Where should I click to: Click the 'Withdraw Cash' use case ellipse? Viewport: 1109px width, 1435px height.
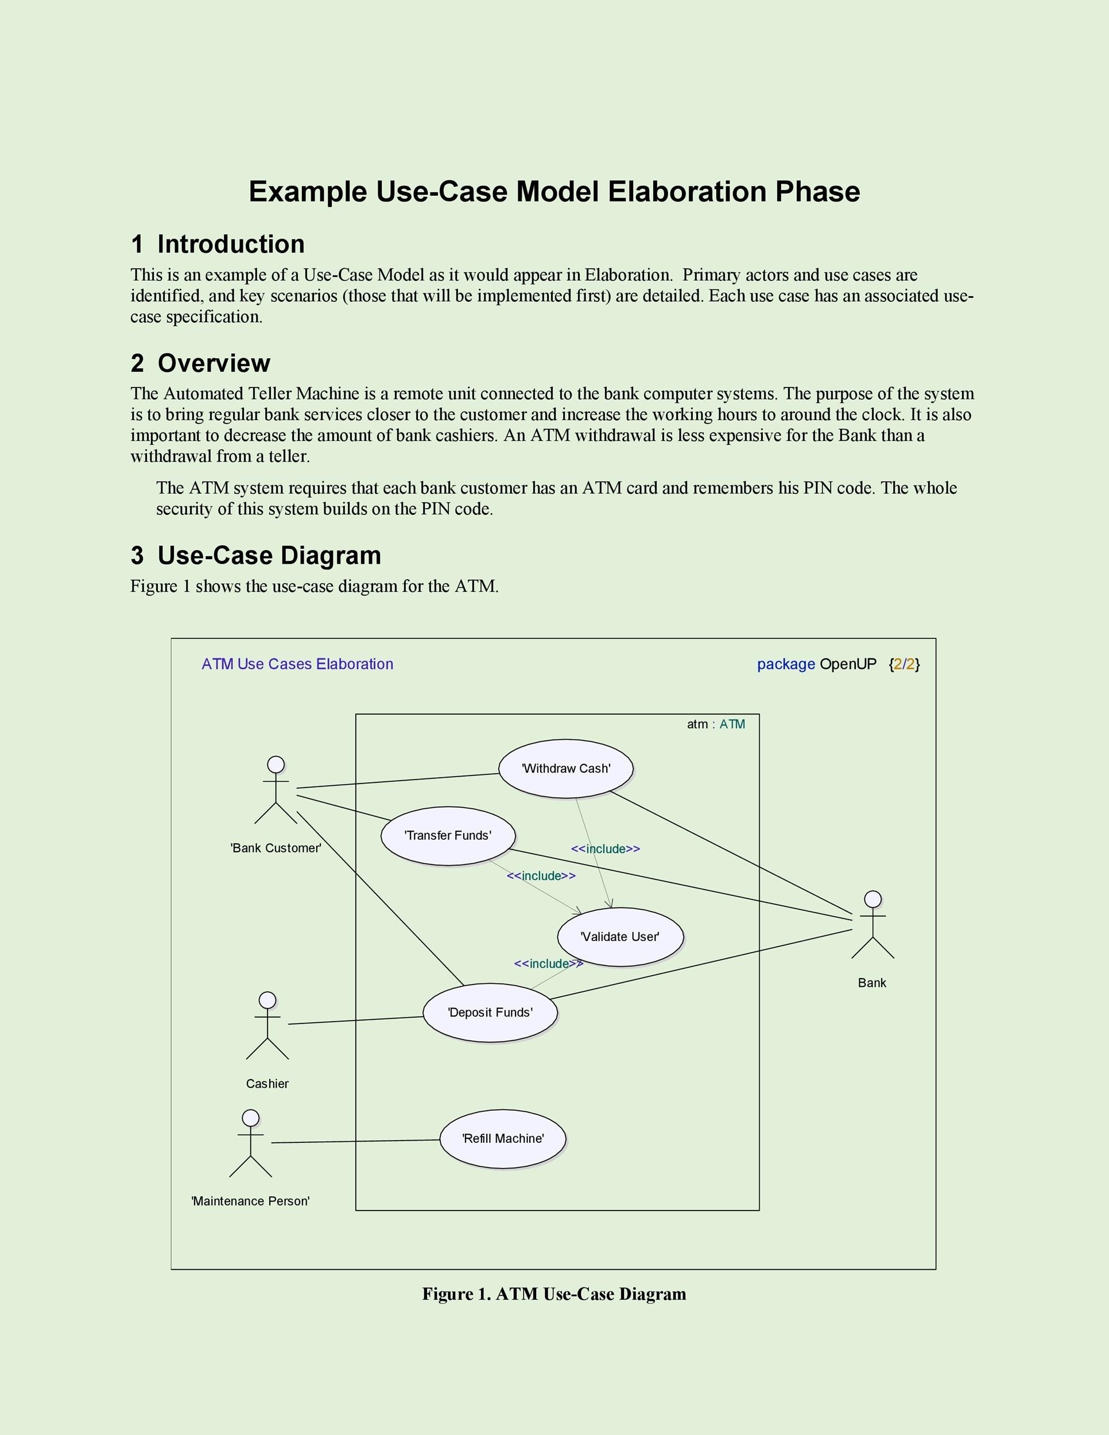565,768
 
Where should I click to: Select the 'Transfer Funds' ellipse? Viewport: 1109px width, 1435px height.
448,835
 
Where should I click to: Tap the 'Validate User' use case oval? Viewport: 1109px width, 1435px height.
620,936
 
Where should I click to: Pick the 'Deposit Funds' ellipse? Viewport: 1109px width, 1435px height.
490,1012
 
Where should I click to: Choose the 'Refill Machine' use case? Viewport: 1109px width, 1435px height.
503,1138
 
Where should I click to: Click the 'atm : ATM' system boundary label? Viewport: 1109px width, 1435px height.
715,724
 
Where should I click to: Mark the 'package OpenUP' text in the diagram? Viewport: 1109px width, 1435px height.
816,664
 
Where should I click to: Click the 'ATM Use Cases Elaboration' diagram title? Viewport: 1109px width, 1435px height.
297,664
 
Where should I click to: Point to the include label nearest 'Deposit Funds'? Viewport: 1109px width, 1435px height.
548,964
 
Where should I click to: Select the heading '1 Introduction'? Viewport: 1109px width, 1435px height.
218,245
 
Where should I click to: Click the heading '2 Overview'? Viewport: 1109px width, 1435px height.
200,363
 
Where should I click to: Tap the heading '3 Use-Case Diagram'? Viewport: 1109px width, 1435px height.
255,556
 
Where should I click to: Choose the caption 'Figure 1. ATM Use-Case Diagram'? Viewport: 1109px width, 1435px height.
554,1294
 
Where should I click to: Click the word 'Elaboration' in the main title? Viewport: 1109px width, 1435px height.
687,192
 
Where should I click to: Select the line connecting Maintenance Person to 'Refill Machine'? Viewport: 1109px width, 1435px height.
355,1141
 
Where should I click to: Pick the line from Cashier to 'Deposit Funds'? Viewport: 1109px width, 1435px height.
355,1021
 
